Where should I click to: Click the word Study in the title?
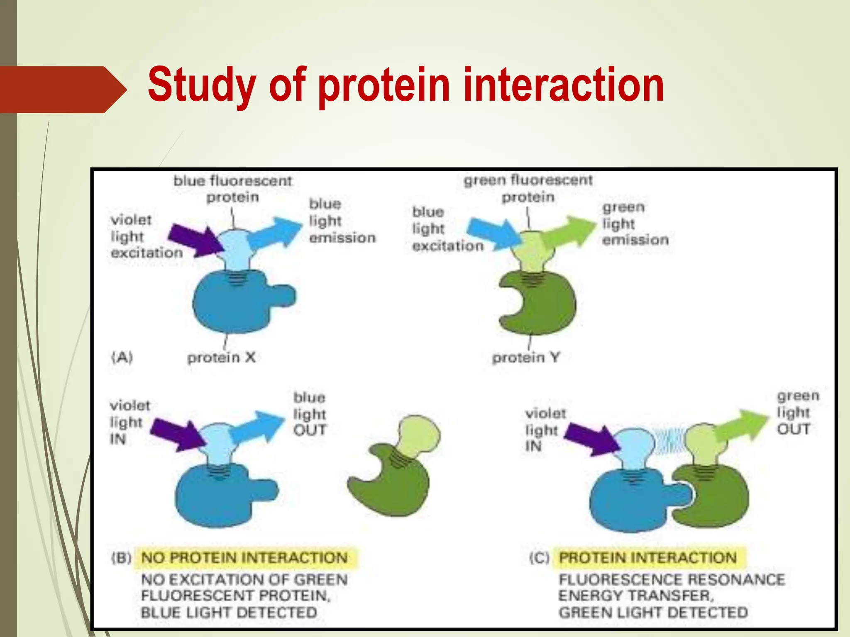pos(202,85)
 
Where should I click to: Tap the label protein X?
pos(221,357)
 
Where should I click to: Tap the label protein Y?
pos(526,357)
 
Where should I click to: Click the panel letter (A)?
pos(122,357)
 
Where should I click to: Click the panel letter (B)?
pos(121,558)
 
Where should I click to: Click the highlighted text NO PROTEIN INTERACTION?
pos(244,558)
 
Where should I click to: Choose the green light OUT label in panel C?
pos(798,413)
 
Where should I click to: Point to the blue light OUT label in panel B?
pos(310,414)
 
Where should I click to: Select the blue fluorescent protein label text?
pos(232,189)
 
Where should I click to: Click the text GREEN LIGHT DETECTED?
pos(653,613)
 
